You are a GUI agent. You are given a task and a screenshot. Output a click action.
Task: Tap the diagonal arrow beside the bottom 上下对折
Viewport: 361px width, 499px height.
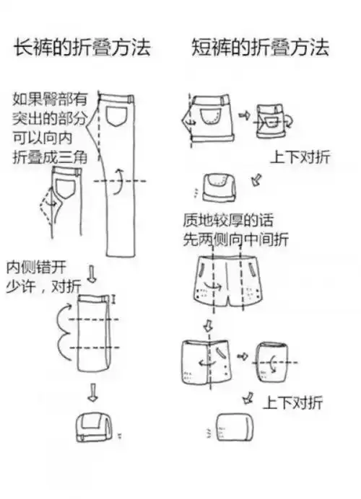pos(248,397)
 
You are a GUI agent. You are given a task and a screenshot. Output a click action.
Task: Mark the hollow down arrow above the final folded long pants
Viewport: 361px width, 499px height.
pos(92,393)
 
